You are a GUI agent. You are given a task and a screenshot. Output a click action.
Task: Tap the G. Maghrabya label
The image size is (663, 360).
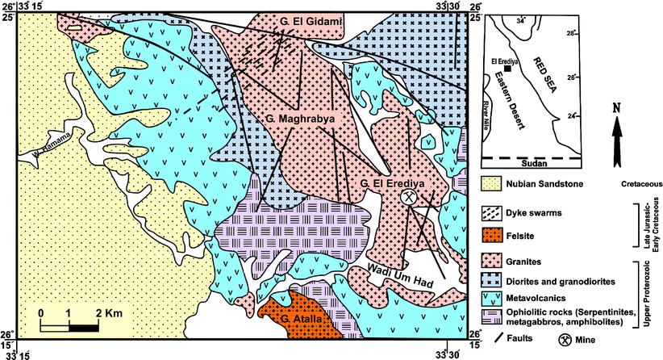(299, 119)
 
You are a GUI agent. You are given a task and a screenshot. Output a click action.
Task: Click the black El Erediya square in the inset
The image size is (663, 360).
(528, 69)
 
